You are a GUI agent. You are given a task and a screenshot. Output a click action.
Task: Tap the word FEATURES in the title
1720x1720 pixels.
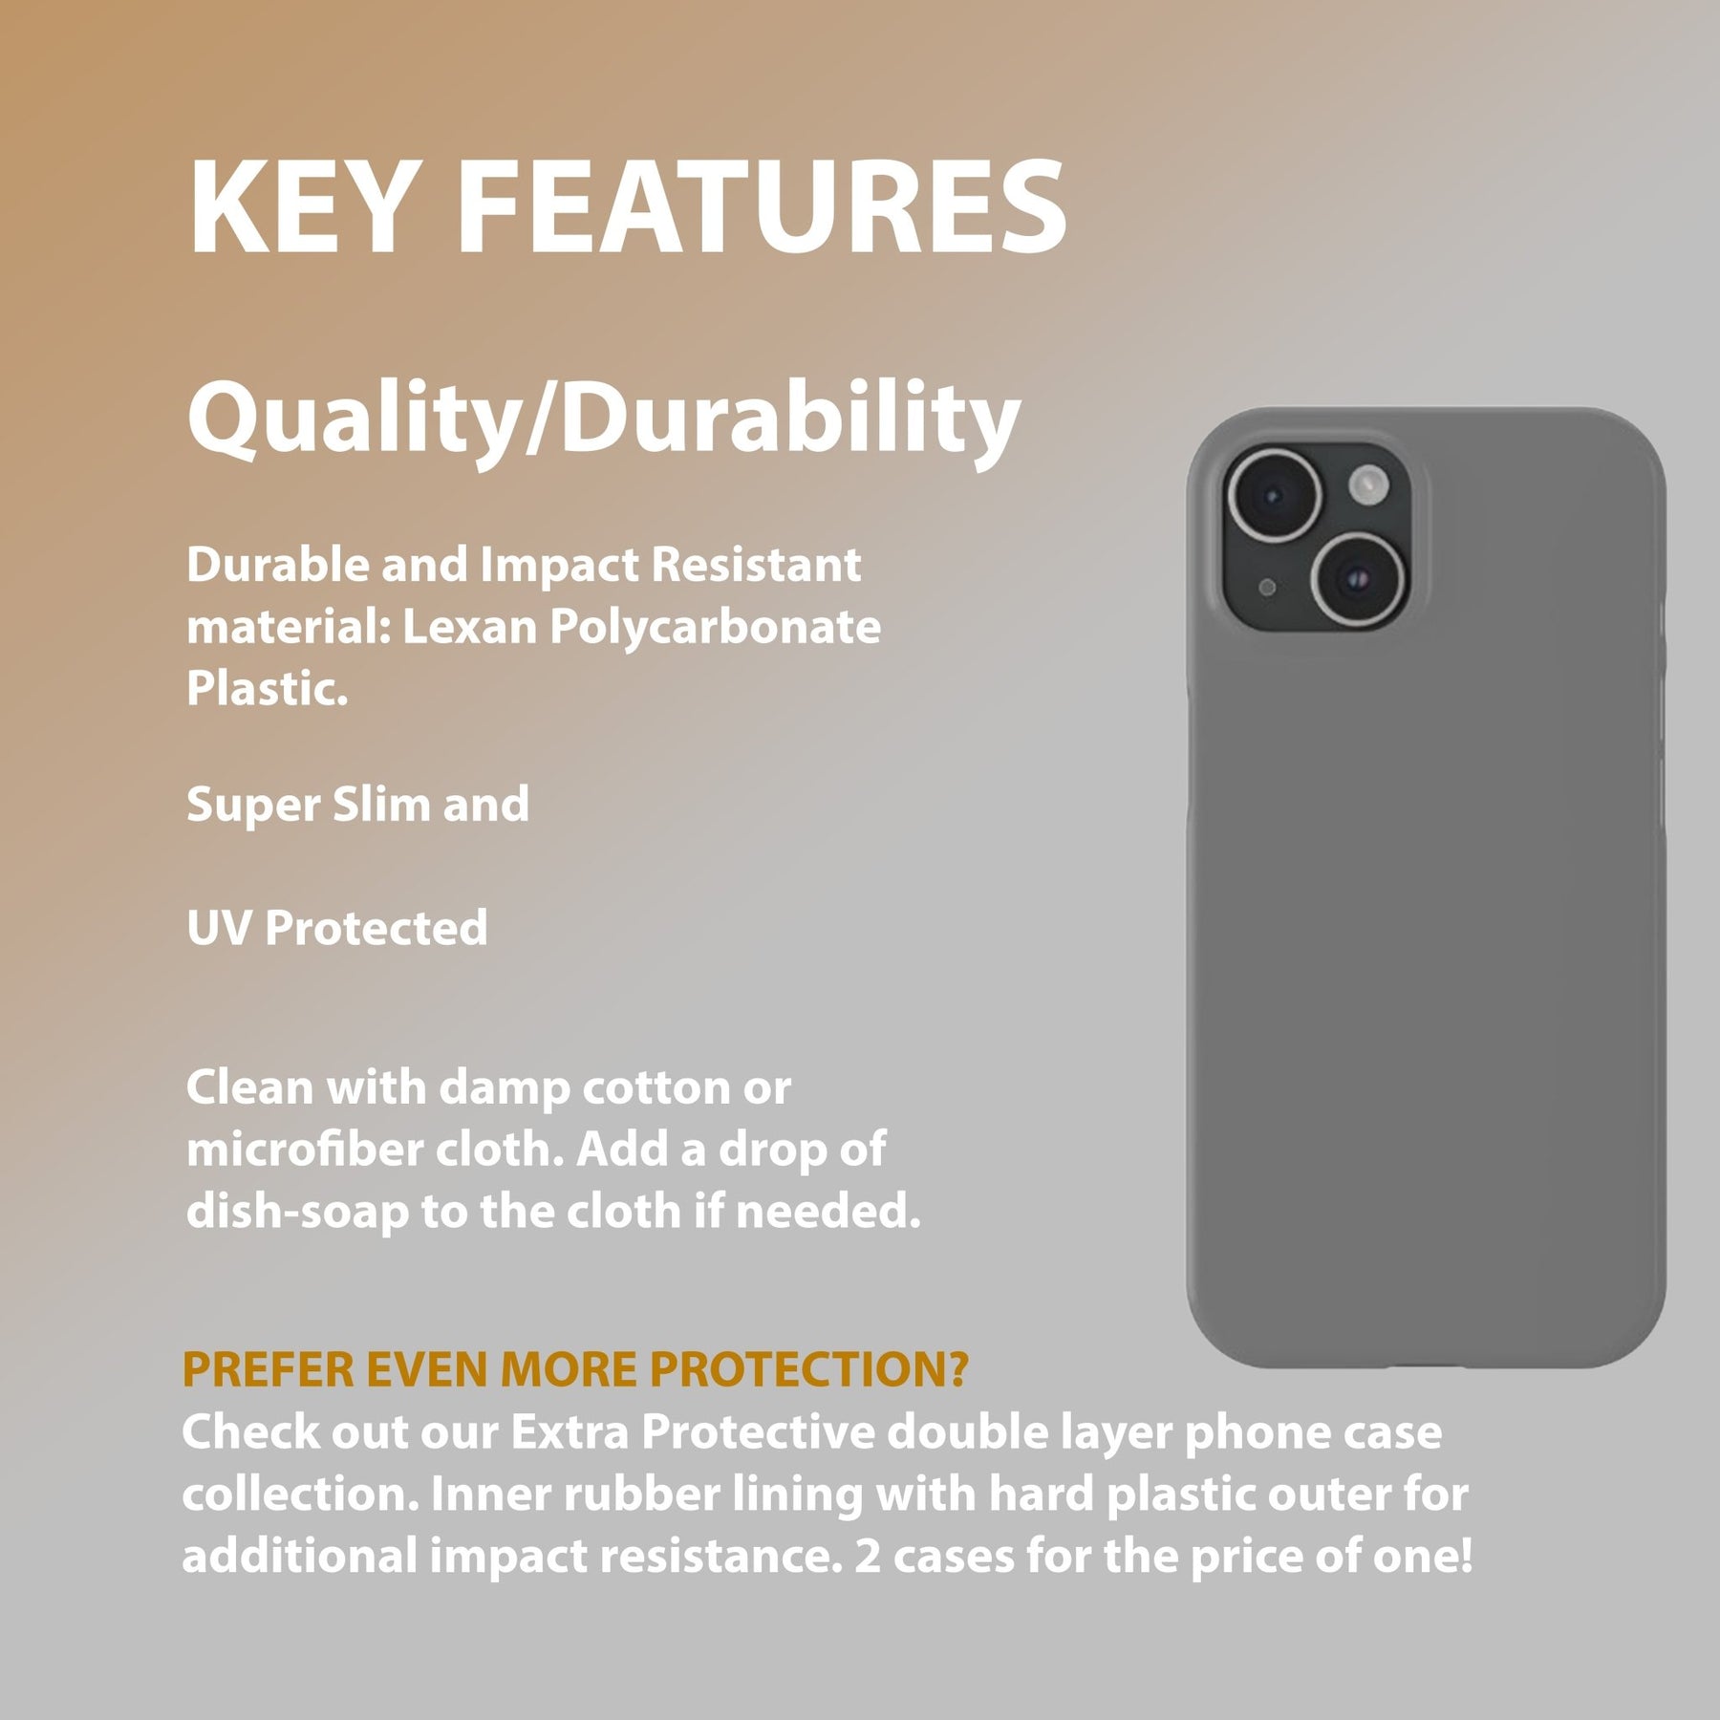coord(762,207)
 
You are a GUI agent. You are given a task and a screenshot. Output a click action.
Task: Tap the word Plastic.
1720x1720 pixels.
coord(267,688)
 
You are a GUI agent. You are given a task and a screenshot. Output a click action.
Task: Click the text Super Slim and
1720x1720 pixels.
coord(357,804)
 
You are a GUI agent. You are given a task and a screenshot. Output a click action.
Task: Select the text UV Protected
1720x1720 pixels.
coord(337,927)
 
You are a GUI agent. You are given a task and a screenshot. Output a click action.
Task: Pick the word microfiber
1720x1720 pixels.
coord(304,1149)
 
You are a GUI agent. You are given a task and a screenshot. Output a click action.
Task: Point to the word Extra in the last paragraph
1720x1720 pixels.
coord(570,1431)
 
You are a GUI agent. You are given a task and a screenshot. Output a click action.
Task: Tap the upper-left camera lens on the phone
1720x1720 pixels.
coord(1274,496)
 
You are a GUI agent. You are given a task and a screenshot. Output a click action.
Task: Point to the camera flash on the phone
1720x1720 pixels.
coord(1368,484)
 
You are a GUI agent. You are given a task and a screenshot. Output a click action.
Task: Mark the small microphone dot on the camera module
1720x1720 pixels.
coord(1267,588)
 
